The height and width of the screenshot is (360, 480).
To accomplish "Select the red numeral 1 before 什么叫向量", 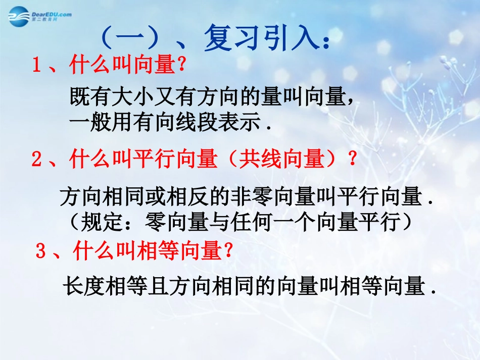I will (x=36, y=66).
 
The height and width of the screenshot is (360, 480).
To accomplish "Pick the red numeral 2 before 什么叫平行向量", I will (x=36, y=160).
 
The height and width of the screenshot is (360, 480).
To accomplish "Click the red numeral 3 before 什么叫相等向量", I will (x=41, y=251).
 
